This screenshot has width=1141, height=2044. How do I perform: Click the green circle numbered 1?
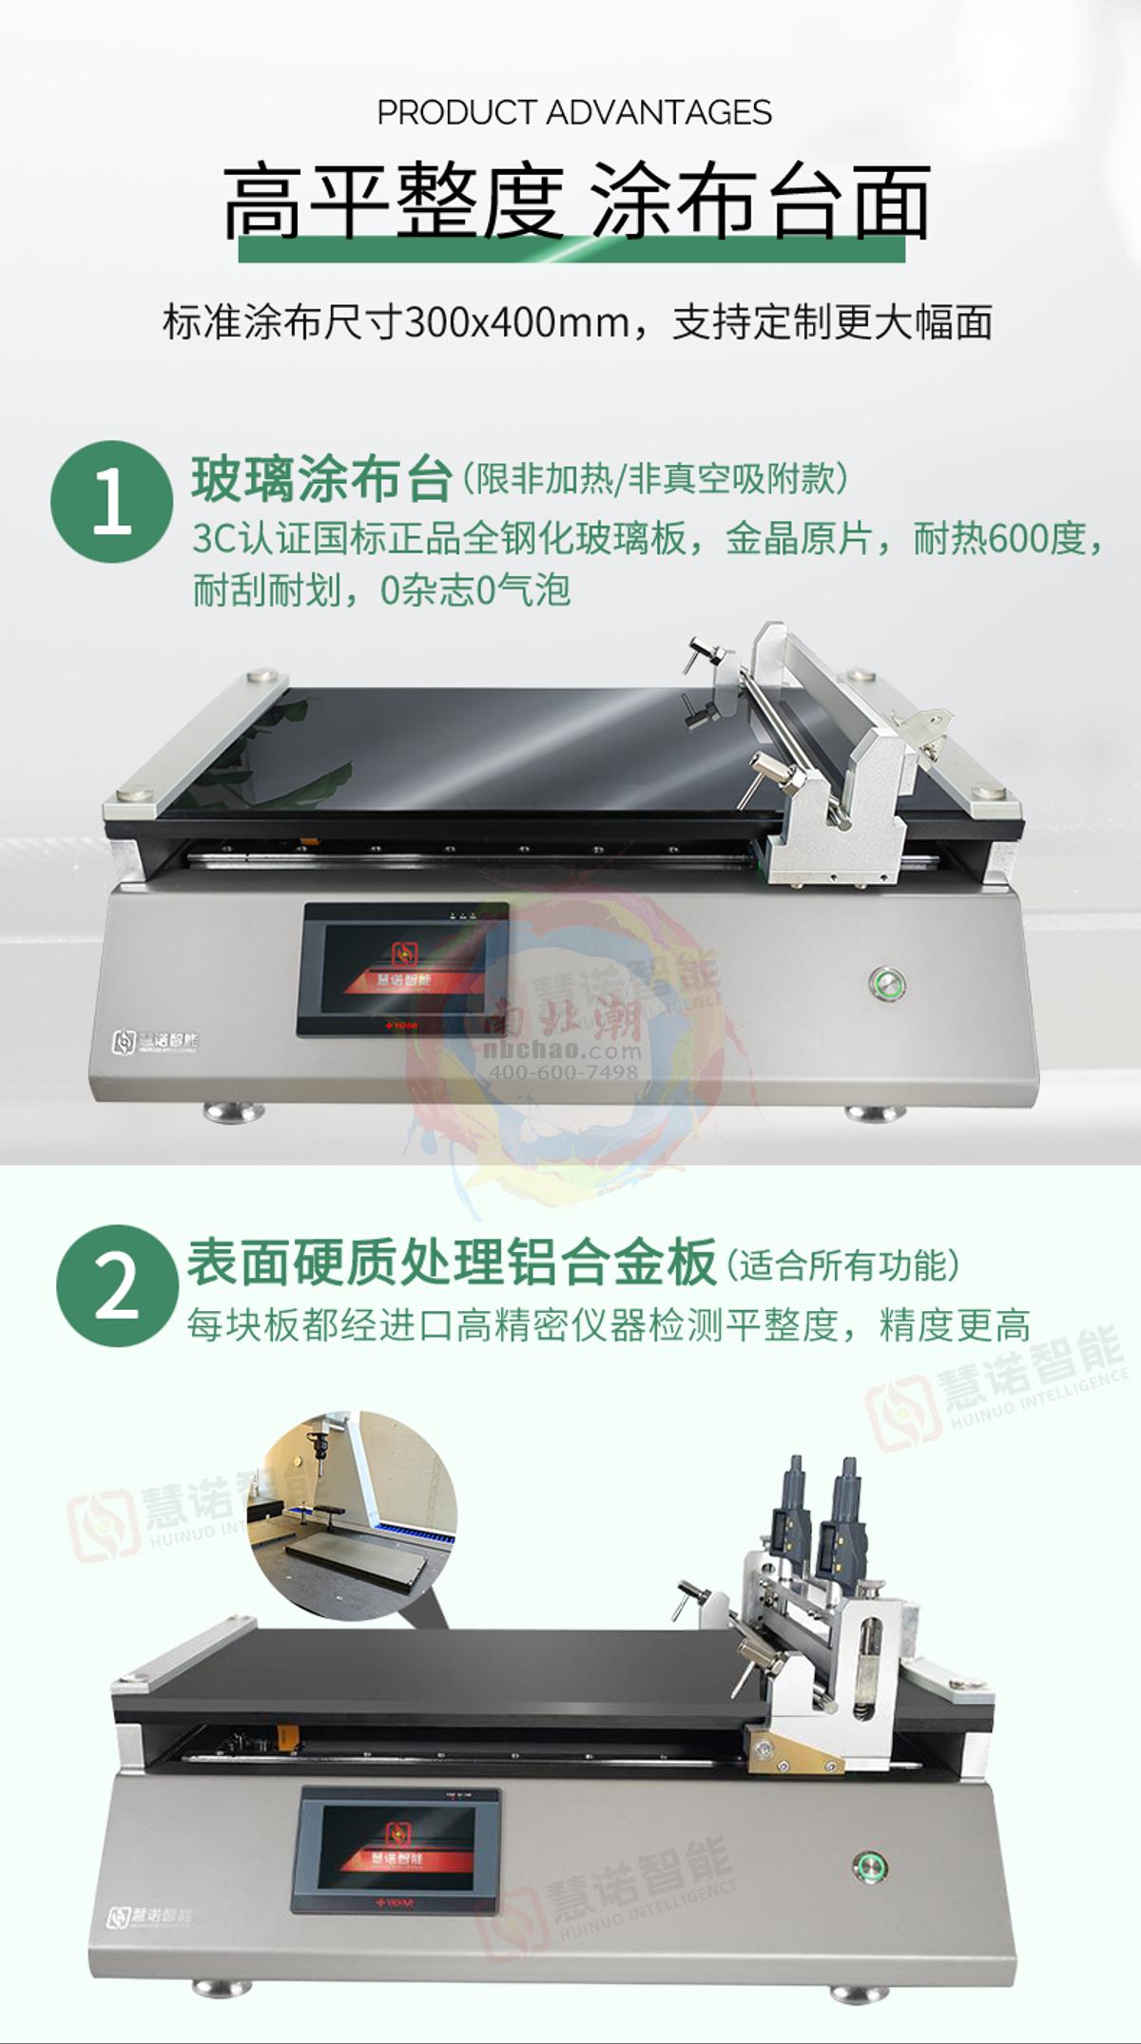pyautogui.click(x=111, y=501)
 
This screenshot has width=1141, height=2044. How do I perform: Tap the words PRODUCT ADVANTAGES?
pyautogui.click(x=574, y=112)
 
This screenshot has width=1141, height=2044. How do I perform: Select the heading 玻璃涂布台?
pyautogui.click(x=321, y=478)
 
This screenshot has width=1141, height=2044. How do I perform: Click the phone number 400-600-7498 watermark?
pyautogui.click(x=563, y=1072)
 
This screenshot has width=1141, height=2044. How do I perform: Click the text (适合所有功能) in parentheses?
pyautogui.click(x=843, y=1264)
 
